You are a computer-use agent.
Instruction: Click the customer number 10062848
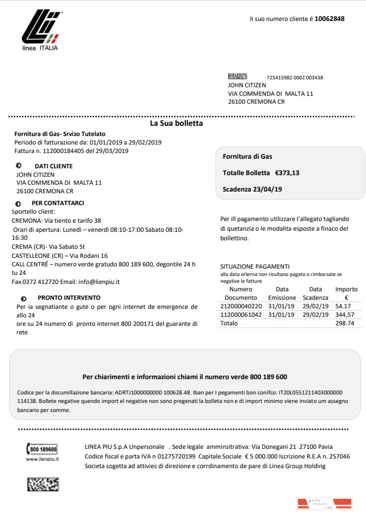click(329, 19)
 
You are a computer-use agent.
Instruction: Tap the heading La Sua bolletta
click(176, 123)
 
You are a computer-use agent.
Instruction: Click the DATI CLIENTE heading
click(53, 166)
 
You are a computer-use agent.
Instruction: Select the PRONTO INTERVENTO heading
click(69, 298)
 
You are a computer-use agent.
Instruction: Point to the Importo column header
click(346, 289)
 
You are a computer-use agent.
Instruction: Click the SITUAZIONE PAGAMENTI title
click(255, 266)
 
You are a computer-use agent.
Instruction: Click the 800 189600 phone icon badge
click(42, 449)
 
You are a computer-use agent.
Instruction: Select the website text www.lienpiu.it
click(43, 459)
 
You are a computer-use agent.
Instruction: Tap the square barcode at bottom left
click(43, 483)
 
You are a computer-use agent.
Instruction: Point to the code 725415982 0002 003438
click(295, 78)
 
